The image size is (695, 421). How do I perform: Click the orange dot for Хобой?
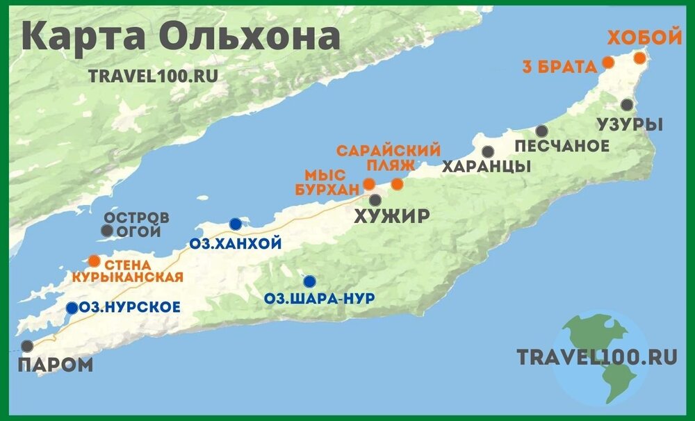[x=639, y=58]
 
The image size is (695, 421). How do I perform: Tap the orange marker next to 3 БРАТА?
[x=607, y=63]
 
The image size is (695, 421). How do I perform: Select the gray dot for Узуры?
[x=628, y=105]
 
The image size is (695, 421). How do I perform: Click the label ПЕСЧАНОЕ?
[x=562, y=147]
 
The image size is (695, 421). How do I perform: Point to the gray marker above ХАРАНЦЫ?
[x=489, y=151]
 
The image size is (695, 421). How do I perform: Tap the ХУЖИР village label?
[x=391, y=217]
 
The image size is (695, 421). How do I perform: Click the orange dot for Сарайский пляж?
[x=397, y=184]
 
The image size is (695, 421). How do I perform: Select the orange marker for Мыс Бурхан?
[x=370, y=183]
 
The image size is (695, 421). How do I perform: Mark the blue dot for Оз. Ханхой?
[x=236, y=224]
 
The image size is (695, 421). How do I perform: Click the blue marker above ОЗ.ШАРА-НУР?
[x=309, y=281]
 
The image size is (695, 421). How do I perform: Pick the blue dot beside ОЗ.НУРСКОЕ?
[x=72, y=308]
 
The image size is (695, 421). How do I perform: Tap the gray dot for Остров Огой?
[x=106, y=231]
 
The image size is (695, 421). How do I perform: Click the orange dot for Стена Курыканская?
[x=94, y=261]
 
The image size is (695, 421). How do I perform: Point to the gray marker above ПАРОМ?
[x=27, y=345]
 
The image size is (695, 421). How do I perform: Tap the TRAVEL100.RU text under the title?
[x=153, y=76]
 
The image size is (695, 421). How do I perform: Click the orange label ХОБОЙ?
[x=645, y=38]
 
